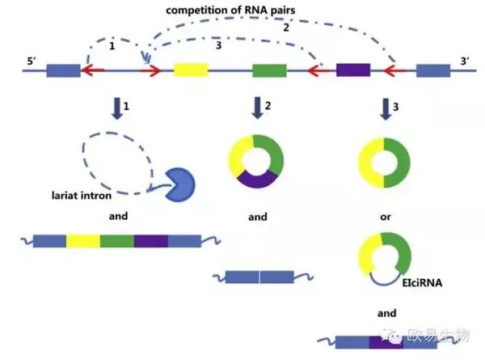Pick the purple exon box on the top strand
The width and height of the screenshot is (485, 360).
(x=352, y=70)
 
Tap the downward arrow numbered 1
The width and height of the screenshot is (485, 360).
(x=118, y=108)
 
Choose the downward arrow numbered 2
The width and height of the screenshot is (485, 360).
(x=258, y=108)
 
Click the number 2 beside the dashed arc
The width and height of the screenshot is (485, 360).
(x=285, y=28)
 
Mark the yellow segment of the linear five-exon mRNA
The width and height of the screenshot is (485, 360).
(x=83, y=240)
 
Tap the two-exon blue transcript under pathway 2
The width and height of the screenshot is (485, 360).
(x=259, y=277)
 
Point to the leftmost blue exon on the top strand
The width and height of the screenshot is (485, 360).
(x=63, y=71)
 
